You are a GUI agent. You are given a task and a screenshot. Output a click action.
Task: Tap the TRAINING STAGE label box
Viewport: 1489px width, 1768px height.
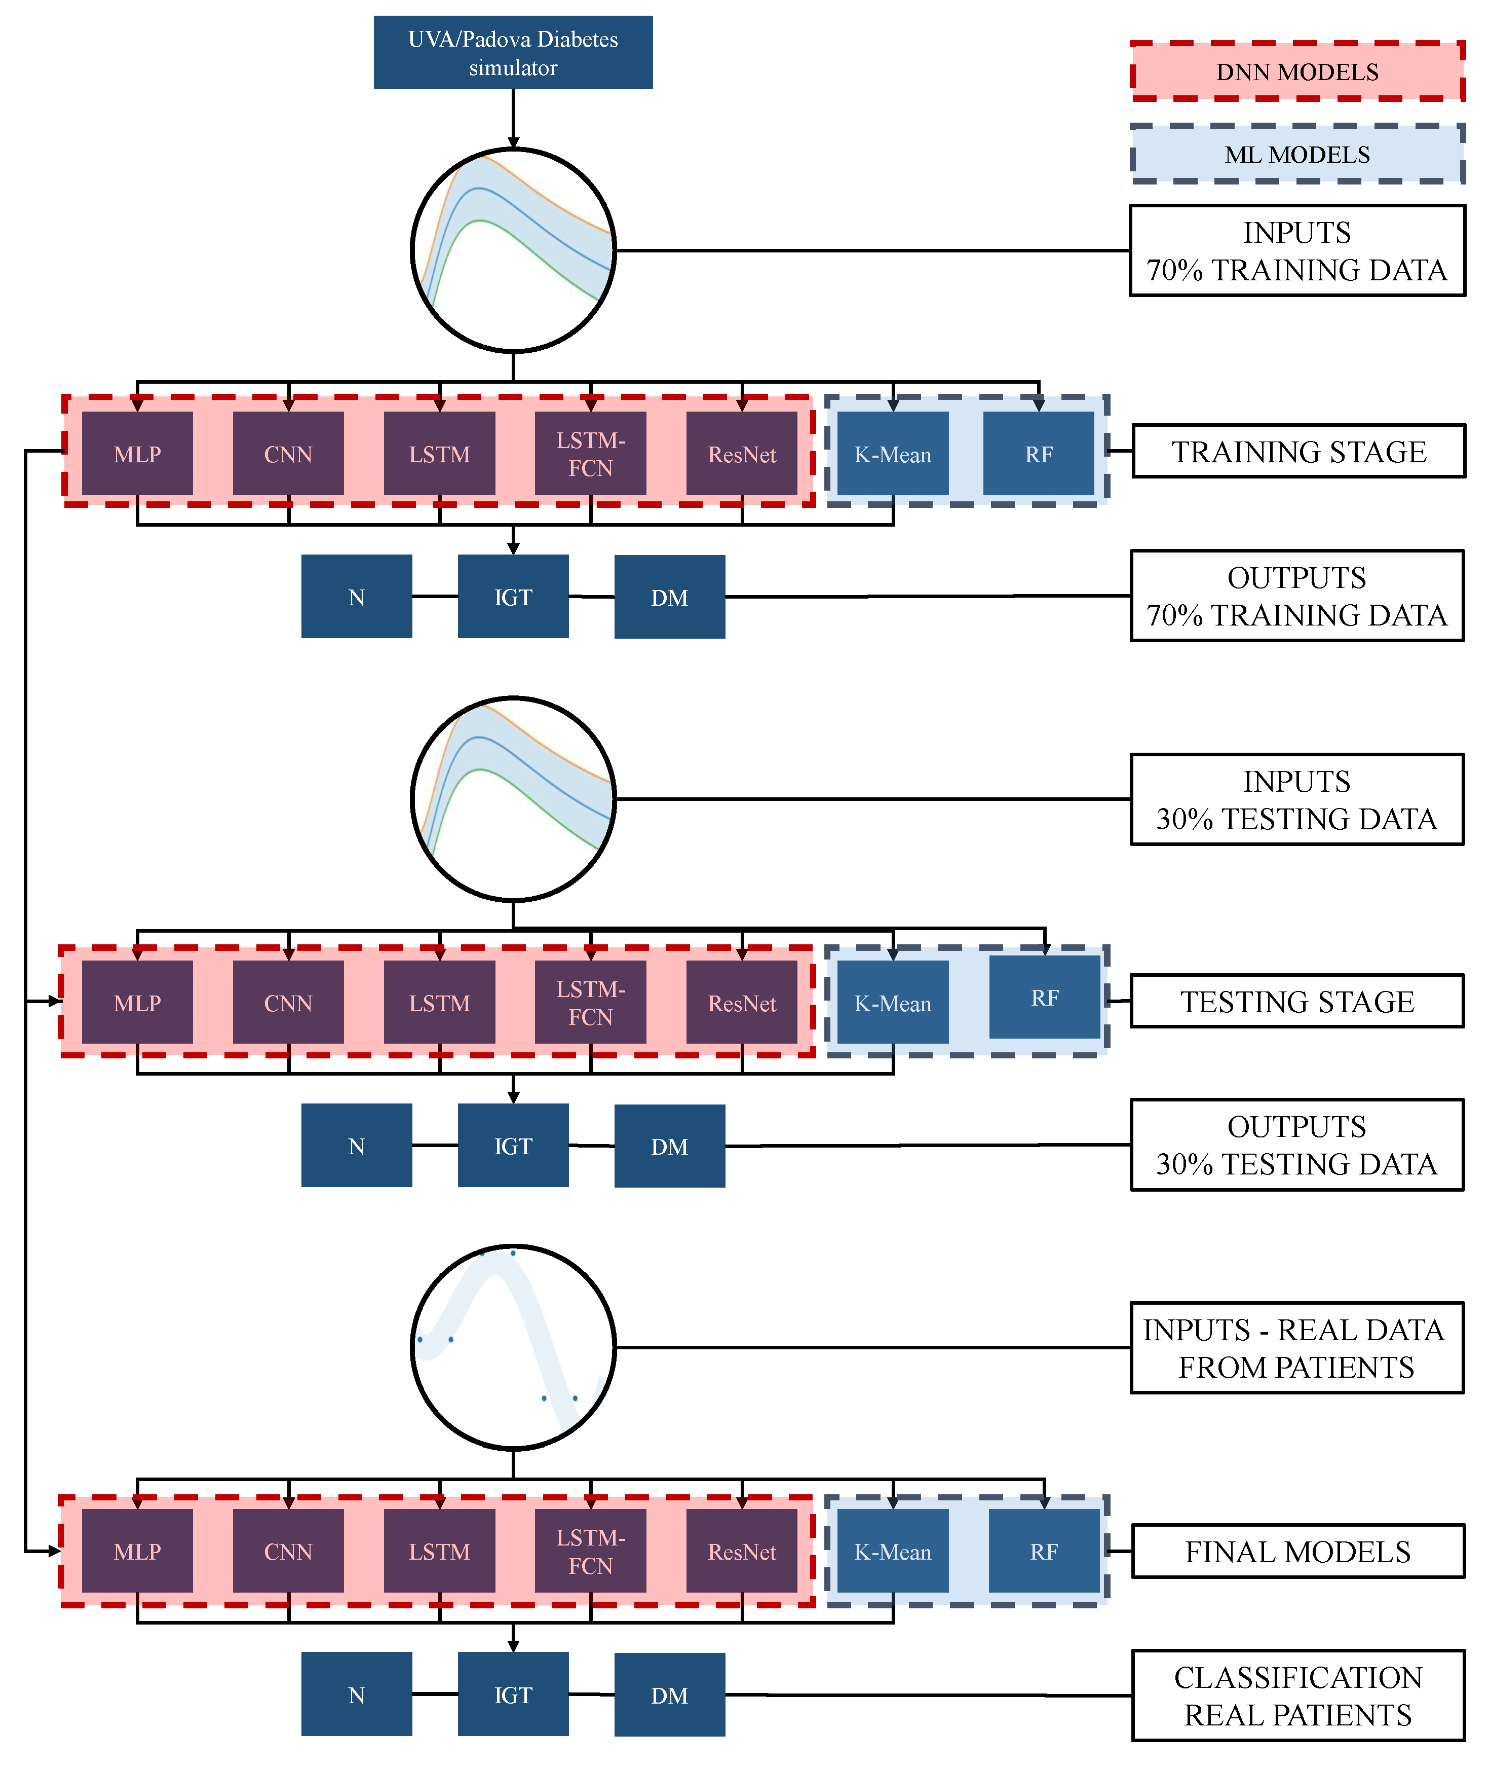click(x=1297, y=452)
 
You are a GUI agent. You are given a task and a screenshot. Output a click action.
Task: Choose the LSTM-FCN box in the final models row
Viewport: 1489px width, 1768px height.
click(x=590, y=1551)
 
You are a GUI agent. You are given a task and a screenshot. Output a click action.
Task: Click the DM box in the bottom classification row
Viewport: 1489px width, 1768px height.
click(x=669, y=1695)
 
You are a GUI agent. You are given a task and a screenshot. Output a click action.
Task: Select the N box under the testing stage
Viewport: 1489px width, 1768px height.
click(x=356, y=1145)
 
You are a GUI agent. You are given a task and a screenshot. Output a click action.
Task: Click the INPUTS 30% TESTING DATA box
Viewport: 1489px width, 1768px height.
click(x=1296, y=799)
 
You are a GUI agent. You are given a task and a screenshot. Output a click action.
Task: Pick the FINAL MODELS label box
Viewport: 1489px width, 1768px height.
click(x=1297, y=1551)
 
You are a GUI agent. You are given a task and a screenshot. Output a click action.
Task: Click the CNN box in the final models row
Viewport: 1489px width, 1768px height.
click(x=288, y=1551)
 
